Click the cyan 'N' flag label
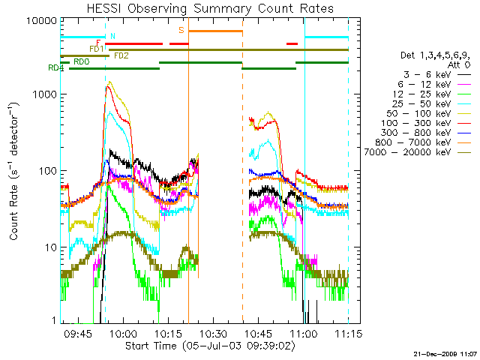[x=112, y=35]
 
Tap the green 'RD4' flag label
[x=55, y=68]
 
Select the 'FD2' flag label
[x=121, y=55]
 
